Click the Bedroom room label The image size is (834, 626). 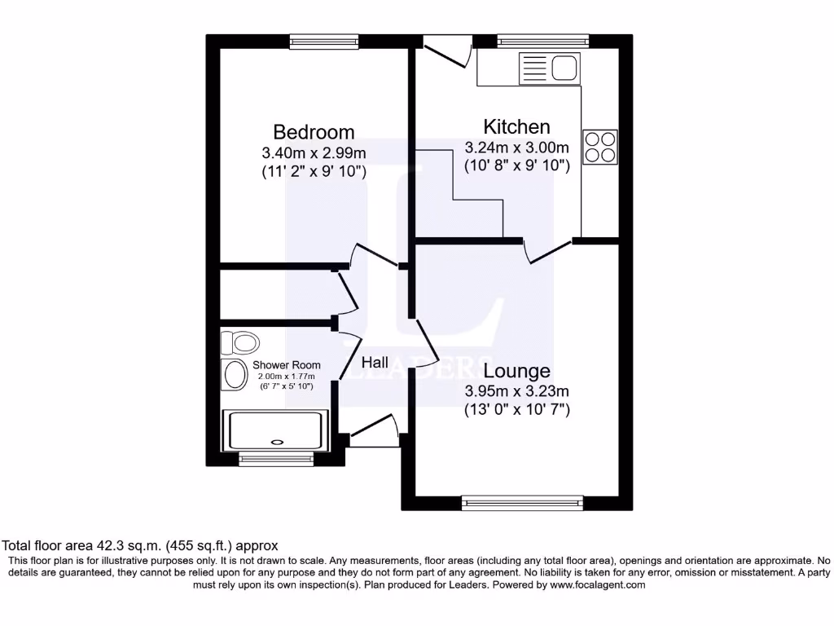(314, 132)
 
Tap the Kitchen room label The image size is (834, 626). (516, 127)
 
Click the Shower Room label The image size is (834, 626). (286, 365)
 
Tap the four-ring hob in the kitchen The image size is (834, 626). (599, 147)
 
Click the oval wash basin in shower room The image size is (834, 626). (235, 375)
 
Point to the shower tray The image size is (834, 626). (276, 430)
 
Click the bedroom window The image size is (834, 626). (324, 41)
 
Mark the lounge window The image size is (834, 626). (522, 503)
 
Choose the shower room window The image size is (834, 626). (276, 460)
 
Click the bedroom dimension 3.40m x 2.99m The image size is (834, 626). (314, 152)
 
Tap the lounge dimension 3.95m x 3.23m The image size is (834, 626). (516, 391)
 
